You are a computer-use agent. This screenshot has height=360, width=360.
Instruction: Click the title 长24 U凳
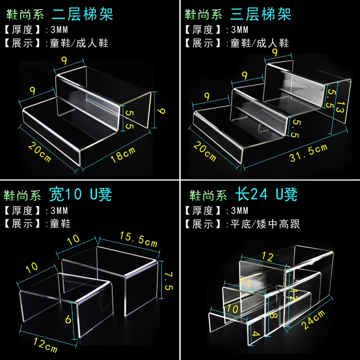point(266,195)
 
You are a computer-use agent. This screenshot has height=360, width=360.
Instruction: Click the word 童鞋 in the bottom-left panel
point(60,224)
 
